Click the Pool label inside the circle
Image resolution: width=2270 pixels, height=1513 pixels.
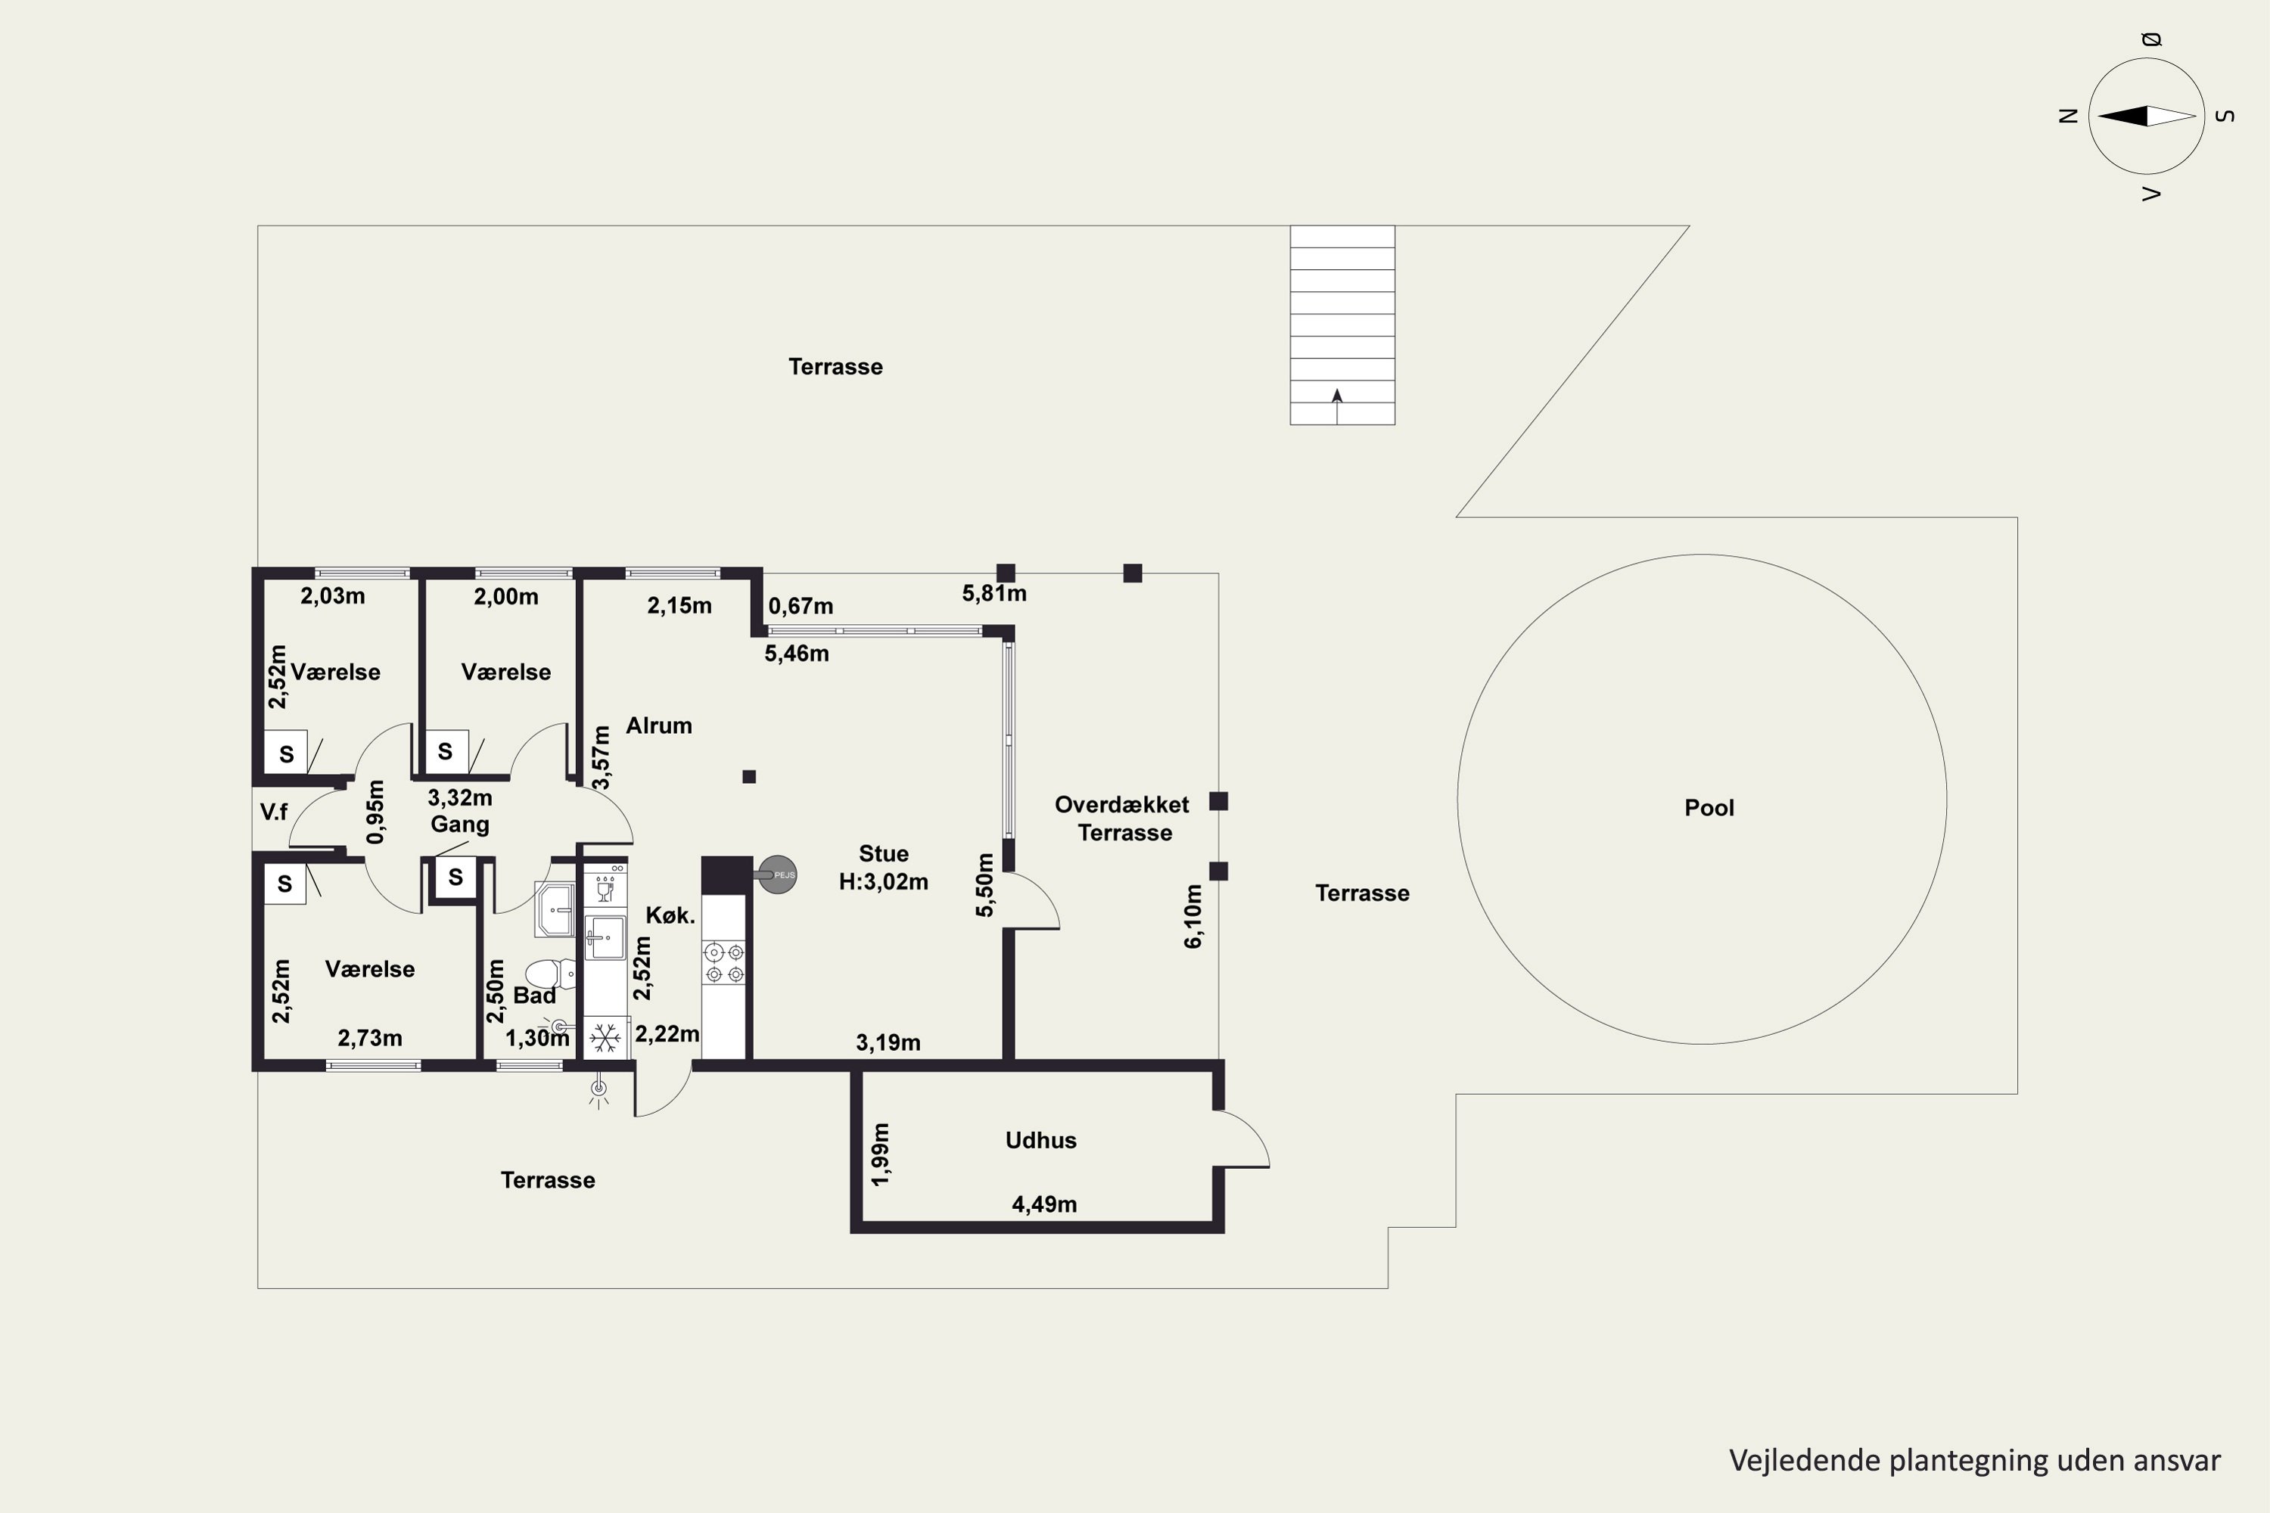click(1709, 808)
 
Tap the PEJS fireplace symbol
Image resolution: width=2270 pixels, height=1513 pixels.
click(777, 875)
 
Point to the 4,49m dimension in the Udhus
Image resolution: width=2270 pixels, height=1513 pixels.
click(1044, 1204)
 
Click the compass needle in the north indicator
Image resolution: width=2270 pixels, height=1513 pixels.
click(2147, 116)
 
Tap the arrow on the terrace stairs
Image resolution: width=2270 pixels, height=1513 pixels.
click(1337, 405)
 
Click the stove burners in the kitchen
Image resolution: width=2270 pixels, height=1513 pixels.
click(725, 963)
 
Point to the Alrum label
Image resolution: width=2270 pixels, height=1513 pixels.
click(659, 725)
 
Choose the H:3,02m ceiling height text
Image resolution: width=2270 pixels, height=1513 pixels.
click(883, 881)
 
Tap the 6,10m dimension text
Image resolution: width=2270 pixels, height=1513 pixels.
click(1194, 917)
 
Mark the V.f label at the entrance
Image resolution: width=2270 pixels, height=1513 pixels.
click(274, 812)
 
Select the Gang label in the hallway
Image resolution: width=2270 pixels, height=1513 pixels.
click(459, 825)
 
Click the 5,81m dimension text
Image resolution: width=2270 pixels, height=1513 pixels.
click(994, 593)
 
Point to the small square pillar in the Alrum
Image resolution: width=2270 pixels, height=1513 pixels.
click(749, 777)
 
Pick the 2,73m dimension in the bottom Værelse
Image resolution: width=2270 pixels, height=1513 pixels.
click(370, 1038)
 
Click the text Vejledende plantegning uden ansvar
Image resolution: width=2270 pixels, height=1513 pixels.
click(1975, 1461)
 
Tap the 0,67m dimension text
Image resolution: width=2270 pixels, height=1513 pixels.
click(801, 606)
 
